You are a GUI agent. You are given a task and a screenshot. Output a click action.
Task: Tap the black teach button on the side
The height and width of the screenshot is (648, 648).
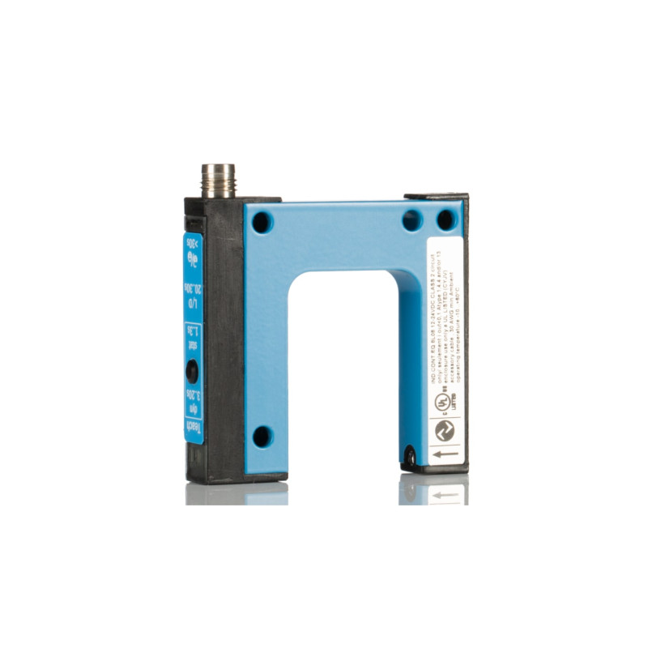[192, 370]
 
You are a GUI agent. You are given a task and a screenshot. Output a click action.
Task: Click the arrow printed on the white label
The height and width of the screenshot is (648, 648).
[445, 456]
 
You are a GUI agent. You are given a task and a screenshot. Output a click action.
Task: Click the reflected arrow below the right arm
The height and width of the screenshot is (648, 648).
[445, 492]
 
